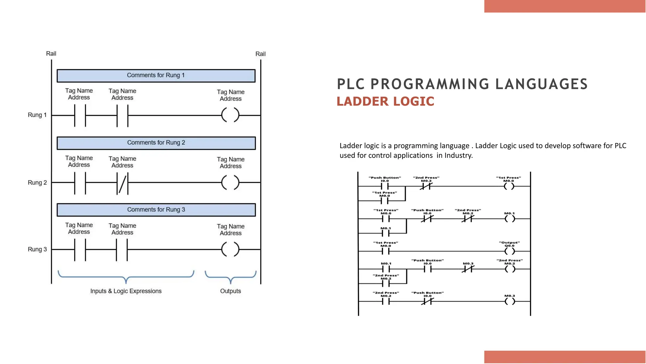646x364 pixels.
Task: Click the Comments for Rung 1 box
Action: point(156,76)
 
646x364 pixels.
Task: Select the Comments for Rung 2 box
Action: point(156,143)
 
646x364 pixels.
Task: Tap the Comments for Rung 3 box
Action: point(156,210)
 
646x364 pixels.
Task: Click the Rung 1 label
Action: point(37,115)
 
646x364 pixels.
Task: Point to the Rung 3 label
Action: point(37,249)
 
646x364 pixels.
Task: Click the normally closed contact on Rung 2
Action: point(122,183)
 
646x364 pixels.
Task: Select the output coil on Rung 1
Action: point(230,115)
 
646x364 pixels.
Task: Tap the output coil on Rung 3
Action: point(230,249)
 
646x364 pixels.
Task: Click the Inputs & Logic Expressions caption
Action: point(126,291)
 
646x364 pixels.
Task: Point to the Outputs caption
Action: point(230,291)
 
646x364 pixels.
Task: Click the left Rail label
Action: point(51,54)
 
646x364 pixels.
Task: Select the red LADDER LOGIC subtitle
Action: point(385,101)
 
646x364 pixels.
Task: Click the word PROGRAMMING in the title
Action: point(430,84)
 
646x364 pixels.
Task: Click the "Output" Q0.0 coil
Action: point(509,251)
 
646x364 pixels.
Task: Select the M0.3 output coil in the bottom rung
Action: point(509,301)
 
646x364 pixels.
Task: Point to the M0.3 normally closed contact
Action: point(468,269)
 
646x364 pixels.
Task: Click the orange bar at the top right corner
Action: point(565,6)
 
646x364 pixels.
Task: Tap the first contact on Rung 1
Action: point(80,116)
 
